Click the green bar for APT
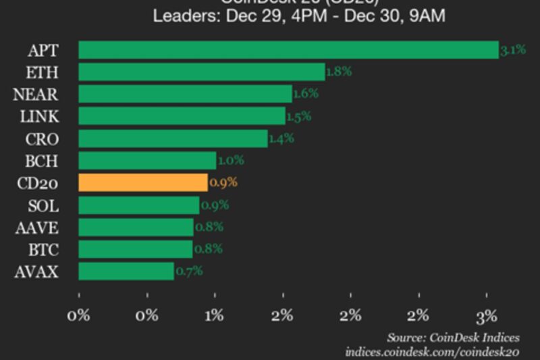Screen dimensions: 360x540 288,50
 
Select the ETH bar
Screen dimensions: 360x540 202,72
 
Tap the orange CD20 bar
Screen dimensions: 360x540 143,182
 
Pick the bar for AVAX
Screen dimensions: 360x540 126,272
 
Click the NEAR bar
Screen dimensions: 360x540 185,94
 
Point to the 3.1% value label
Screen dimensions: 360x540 513,50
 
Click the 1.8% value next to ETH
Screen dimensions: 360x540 339,71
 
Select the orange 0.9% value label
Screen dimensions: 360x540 223,182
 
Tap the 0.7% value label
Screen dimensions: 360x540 189,272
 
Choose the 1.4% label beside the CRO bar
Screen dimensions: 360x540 281,138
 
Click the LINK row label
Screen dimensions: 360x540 39,116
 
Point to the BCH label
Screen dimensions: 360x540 42,161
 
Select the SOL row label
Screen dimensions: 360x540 44,205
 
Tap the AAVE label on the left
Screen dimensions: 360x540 36,228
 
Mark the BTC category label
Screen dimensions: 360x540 43,250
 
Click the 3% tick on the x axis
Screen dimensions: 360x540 487,315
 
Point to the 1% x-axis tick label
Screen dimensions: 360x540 215,315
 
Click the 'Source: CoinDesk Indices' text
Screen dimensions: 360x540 453,338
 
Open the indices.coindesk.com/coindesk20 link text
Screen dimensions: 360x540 432,352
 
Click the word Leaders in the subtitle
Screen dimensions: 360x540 180,16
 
